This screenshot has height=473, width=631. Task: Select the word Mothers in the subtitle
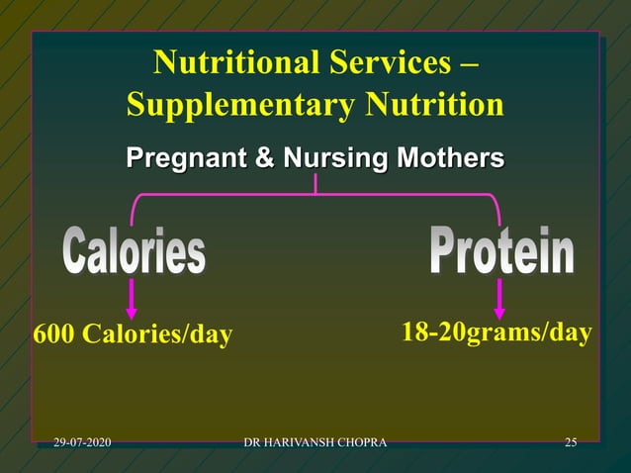coord(446,158)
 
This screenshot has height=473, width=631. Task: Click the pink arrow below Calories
coord(133,298)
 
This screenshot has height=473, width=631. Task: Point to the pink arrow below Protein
coord(499,298)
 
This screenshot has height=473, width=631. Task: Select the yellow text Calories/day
coord(157,335)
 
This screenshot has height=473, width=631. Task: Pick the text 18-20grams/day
coord(496,332)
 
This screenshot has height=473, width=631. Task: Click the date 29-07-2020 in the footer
coord(82,441)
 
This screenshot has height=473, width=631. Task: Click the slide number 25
coord(571,441)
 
